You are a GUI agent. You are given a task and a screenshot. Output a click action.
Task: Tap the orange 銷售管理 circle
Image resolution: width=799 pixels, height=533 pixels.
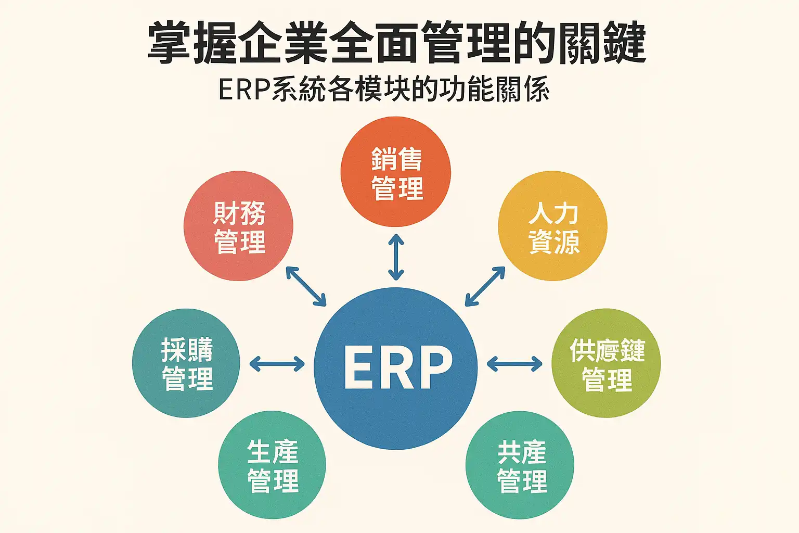point(396,172)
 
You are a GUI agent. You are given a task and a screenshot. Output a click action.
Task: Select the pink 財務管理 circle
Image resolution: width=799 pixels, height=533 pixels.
point(239,226)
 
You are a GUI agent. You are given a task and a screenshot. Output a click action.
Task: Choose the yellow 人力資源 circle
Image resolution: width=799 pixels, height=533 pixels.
point(552,226)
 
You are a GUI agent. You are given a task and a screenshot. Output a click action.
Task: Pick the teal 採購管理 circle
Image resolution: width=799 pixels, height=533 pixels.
point(186,363)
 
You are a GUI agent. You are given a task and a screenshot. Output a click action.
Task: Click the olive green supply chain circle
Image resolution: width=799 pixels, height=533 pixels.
point(606,363)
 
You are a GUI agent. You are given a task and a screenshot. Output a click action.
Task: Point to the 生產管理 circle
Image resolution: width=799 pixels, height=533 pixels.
point(272,465)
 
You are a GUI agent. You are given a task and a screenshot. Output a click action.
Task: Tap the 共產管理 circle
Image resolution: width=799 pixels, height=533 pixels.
point(520,465)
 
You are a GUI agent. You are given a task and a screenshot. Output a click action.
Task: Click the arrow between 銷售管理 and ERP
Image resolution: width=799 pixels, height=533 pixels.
point(396,257)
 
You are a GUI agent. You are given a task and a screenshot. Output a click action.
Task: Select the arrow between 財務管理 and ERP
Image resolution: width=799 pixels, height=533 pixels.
point(306,286)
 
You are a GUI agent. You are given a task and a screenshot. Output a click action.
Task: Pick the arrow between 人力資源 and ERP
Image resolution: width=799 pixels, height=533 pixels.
point(485,286)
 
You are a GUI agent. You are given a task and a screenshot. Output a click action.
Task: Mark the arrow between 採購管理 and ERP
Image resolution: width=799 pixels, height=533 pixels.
point(277,363)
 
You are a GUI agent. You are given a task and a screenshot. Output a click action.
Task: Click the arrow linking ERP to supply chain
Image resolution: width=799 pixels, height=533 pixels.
point(514,363)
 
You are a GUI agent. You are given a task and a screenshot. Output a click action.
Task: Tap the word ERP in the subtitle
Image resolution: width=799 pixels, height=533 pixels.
point(244,90)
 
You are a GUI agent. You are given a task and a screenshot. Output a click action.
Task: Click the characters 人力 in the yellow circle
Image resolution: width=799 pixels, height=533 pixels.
point(553,213)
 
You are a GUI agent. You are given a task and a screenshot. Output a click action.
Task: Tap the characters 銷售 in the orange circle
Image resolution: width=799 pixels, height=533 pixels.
point(396,159)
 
